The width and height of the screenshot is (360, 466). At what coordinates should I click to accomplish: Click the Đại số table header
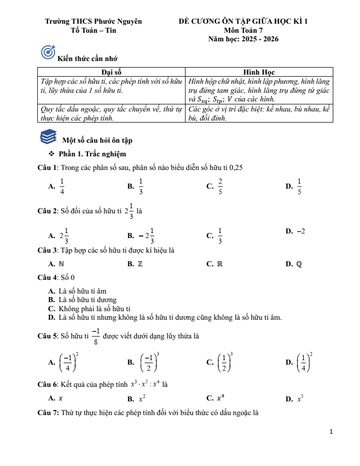[111, 72]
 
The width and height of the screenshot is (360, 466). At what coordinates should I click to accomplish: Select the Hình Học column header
[259, 72]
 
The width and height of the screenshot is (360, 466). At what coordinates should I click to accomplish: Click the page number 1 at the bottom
[331, 432]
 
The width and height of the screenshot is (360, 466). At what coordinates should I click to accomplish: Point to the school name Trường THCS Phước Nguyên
[93, 22]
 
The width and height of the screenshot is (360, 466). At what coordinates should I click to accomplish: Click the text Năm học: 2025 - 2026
[243, 39]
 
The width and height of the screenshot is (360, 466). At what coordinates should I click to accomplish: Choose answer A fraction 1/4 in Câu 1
[62, 186]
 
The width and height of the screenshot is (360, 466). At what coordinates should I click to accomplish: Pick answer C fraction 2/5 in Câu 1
[220, 186]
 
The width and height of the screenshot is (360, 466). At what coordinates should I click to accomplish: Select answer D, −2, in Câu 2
[301, 231]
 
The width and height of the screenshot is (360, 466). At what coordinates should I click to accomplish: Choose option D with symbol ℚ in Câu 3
[299, 264]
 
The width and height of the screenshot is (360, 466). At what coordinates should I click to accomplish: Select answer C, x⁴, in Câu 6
[220, 398]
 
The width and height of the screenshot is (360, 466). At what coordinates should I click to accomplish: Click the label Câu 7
[48, 413]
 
